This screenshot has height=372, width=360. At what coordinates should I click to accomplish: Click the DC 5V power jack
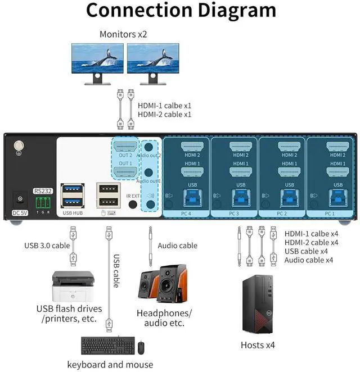[20, 198]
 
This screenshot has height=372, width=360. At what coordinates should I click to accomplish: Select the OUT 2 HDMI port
[126, 147]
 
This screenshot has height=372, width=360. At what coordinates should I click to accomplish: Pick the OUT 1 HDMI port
[126, 171]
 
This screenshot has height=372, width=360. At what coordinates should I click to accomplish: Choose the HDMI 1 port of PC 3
[241, 172]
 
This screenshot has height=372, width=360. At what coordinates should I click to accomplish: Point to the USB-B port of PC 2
[289, 196]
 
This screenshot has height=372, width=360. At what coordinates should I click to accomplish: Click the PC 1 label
[330, 214]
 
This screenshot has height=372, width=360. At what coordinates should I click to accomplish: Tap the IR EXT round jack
[133, 203]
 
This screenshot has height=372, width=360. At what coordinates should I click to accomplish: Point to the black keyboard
[107, 344]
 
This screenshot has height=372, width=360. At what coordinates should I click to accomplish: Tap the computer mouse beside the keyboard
[141, 348]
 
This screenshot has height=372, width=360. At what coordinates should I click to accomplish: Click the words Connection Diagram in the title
[181, 11]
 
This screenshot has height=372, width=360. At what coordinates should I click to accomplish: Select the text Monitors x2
[123, 34]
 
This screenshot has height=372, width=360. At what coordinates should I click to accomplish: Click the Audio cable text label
[177, 246]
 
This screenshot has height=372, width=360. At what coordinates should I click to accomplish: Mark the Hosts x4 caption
[258, 344]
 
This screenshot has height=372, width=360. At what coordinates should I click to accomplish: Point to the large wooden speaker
[171, 284]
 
